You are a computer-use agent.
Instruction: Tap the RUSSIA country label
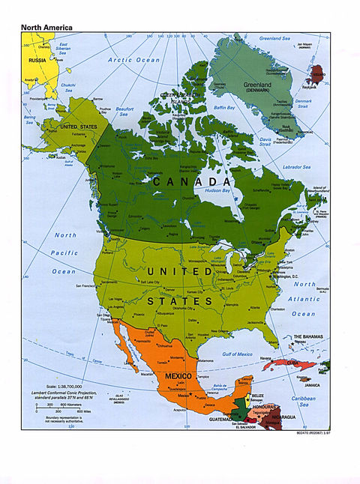37,60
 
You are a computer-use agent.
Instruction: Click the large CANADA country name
190,181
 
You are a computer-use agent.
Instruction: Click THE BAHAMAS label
308,337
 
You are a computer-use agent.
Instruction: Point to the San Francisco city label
88,285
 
